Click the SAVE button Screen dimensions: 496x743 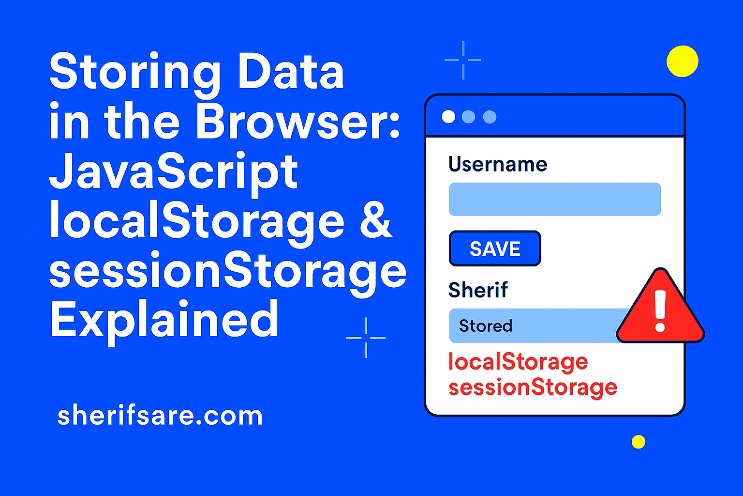pyautogui.click(x=495, y=248)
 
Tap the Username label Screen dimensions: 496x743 pyautogui.click(x=498, y=164)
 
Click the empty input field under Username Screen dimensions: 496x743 pyautogui.click(x=555, y=199)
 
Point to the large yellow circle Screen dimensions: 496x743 pyautogui.click(x=682, y=61)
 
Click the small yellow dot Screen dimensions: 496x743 pyautogui.click(x=639, y=442)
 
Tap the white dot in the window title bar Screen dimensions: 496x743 pyautogui.click(x=448, y=117)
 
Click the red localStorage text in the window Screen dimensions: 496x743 pyautogui.click(x=518, y=362)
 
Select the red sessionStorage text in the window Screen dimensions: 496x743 pyautogui.click(x=533, y=387)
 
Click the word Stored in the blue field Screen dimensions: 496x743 pyautogui.click(x=485, y=326)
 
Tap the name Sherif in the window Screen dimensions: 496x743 pyautogui.click(x=478, y=290)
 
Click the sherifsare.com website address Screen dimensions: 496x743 pyautogui.click(x=160, y=416)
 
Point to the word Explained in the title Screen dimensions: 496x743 pyautogui.click(x=164, y=320)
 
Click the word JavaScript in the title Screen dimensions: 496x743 pyautogui.click(x=174, y=172)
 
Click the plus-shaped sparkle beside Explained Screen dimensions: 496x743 pyautogui.click(x=366, y=338)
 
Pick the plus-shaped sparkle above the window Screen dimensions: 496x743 pyautogui.click(x=463, y=60)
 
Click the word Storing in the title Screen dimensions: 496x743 pyautogui.click(x=135, y=73)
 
